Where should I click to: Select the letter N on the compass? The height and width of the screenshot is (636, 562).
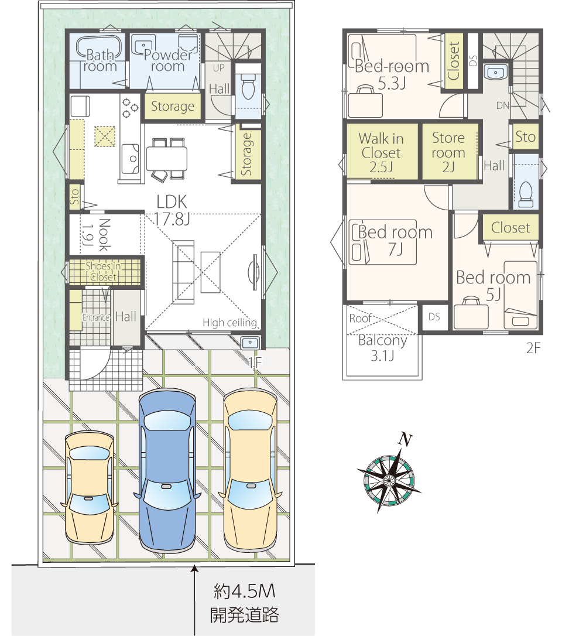pyautogui.click(x=405, y=439)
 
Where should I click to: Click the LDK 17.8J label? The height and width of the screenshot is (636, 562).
pyautogui.click(x=172, y=210)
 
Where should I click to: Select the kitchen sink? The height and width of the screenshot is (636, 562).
pyautogui.click(x=131, y=159)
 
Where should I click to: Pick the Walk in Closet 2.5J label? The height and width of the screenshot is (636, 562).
pyautogui.click(x=381, y=153)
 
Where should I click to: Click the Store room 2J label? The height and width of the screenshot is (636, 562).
pyautogui.click(x=448, y=152)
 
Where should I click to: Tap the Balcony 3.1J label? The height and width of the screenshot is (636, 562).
pyautogui.click(x=383, y=348)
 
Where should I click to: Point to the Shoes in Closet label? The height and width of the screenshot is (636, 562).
pyautogui.click(x=104, y=271)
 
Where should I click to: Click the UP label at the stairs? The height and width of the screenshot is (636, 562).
pyautogui.click(x=218, y=68)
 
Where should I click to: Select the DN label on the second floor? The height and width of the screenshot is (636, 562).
pyautogui.click(x=503, y=105)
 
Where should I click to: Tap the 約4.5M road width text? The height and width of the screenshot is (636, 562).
pyautogui.click(x=245, y=591)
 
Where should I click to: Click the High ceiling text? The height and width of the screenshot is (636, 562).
pyautogui.click(x=230, y=323)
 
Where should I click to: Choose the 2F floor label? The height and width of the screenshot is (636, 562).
pyautogui.click(x=534, y=348)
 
